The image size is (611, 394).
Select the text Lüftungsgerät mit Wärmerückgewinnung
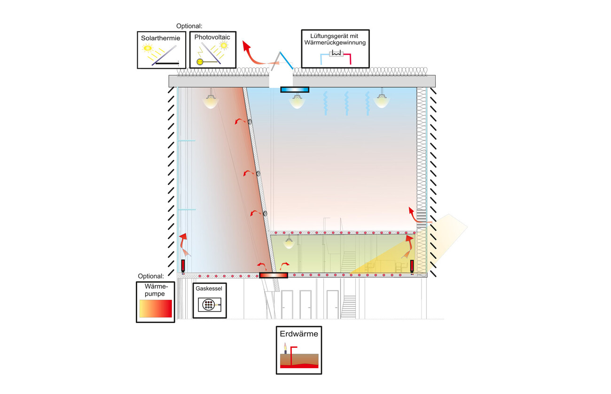pyautogui.click(x=335, y=40)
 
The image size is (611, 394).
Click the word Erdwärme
pyautogui.click(x=299, y=335)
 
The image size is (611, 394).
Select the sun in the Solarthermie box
pyautogui.click(x=149, y=48)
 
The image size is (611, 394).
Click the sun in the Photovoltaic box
pyautogui.click(x=224, y=46)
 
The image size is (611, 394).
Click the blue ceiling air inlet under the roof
pyautogui.click(x=295, y=89)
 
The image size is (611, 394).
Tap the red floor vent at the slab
pyautogui.click(x=274, y=275)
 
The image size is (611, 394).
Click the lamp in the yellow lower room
pyautogui.click(x=289, y=243)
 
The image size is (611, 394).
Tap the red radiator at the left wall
pyautogui.click(x=183, y=266)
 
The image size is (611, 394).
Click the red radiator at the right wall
pyautogui.click(x=412, y=266)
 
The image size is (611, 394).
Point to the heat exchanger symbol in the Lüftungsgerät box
pyautogui.click(x=336, y=54)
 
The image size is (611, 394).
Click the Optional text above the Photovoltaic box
pyautogui.click(x=189, y=26)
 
